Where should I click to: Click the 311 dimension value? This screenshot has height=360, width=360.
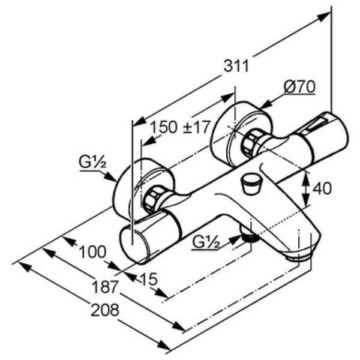click(x=236, y=66)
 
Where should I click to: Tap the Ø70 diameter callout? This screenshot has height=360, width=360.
click(x=299, y=86)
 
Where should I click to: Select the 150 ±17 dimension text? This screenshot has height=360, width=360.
click(x=180, y=127)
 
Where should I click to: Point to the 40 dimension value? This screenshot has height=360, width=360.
click(x=322, y=188)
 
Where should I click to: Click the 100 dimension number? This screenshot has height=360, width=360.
click(x=92, y=252)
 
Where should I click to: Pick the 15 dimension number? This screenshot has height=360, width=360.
click(x=149, y=279)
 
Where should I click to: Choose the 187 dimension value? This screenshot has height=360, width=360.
click(x=104, y=287)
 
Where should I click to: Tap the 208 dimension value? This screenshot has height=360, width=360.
click(x=105, y=310)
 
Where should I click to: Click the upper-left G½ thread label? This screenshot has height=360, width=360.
click(x=92, y=163)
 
